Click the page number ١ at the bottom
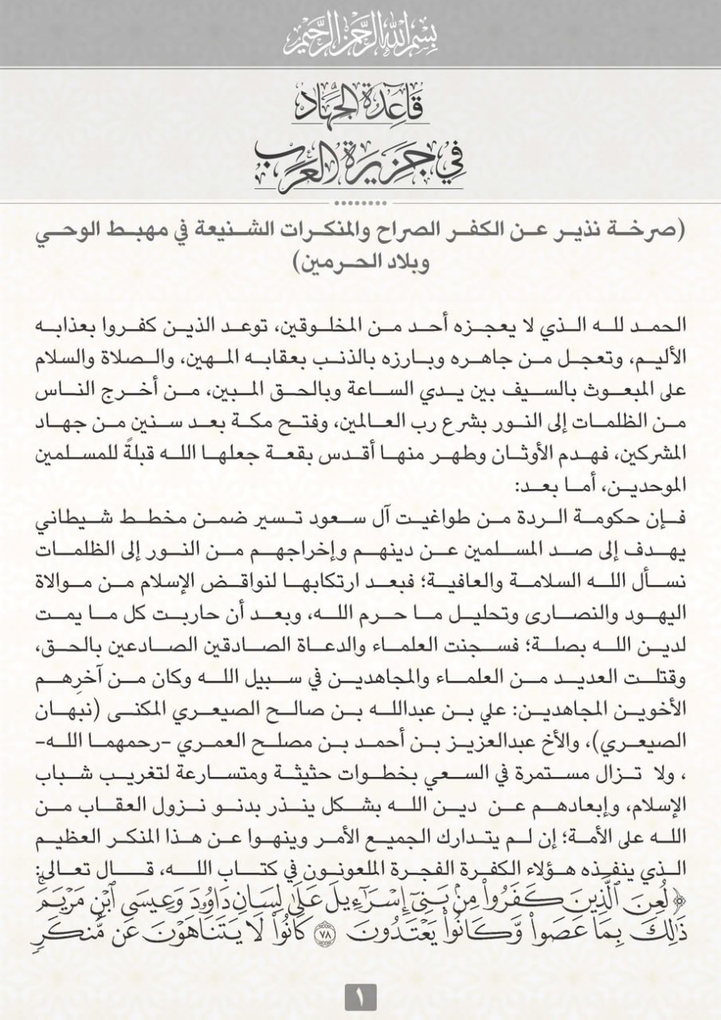[359, 996]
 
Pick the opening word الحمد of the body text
[653, 328]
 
